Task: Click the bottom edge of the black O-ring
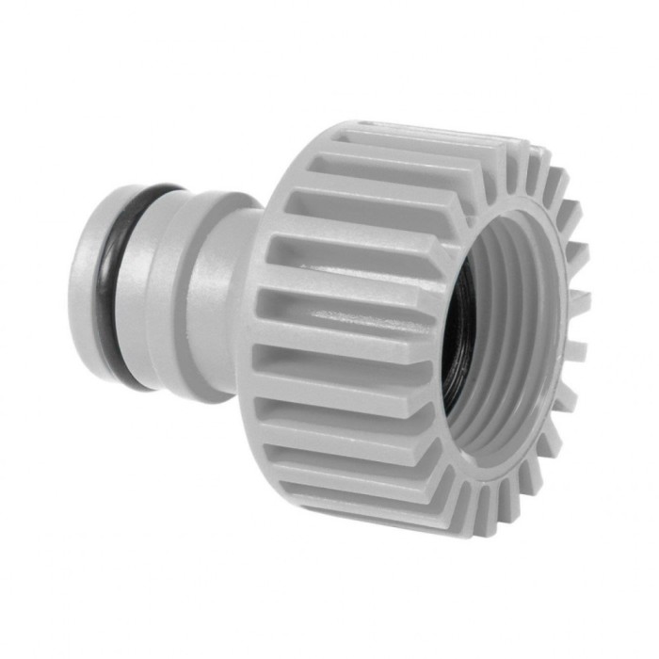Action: pos(132,381)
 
